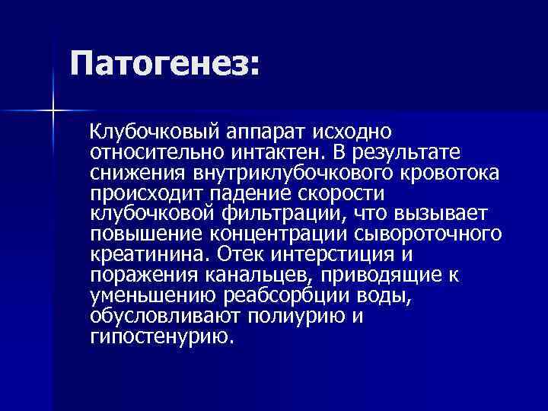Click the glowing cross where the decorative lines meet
pyautogui.click(x=53, y=111)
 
